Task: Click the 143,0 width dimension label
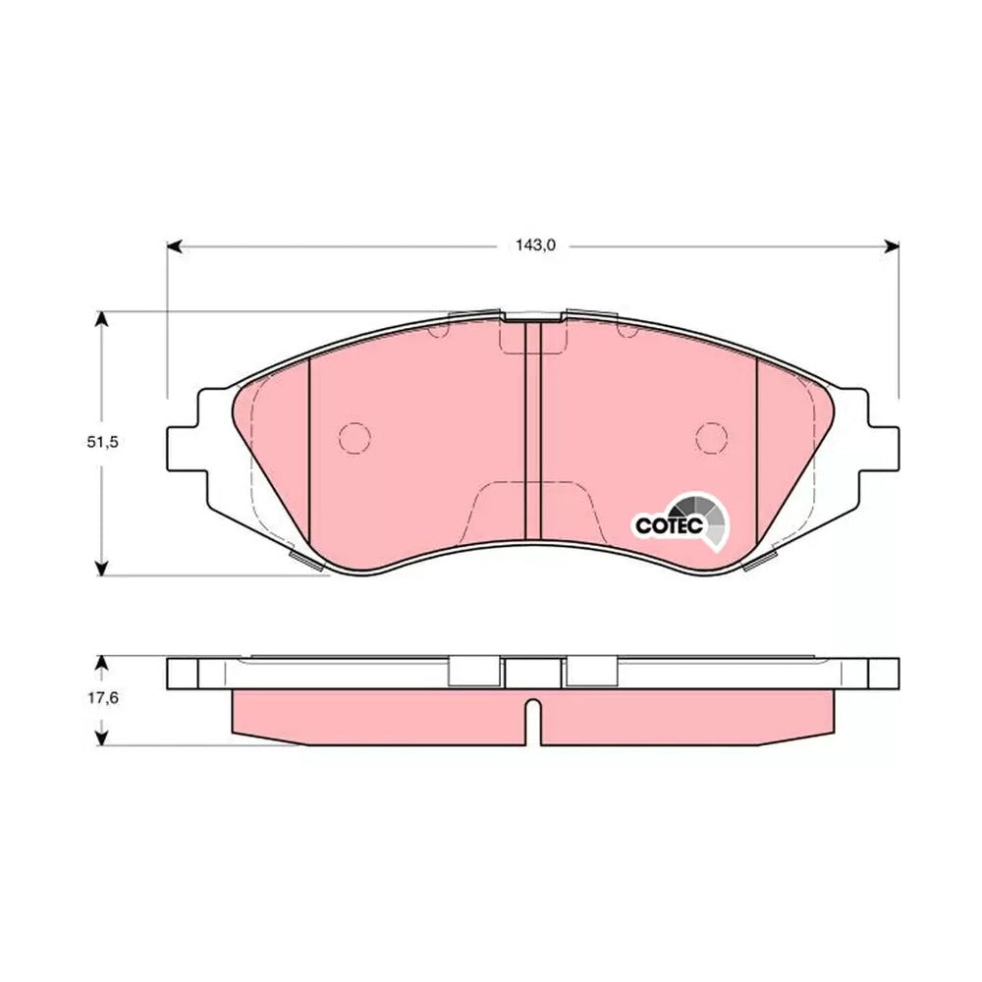(535, 245)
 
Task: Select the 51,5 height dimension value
(103, 442)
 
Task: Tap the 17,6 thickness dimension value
(103, 697)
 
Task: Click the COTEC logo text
(669, 525)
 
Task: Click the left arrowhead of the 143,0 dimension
(174, 245)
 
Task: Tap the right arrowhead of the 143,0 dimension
(892, 245)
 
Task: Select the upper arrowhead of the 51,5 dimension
(101, 319)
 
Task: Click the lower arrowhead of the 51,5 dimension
(101, 568)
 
